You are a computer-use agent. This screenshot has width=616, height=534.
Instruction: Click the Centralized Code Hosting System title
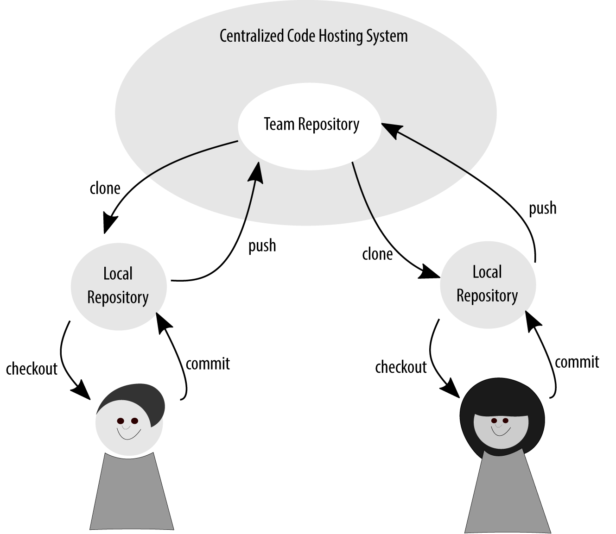tap(313, 36)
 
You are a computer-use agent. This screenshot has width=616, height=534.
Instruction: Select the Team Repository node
tap(311, 124)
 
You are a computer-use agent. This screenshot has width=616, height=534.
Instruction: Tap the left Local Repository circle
tap(118, 286)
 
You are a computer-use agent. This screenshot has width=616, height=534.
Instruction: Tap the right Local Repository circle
tap(487, 284)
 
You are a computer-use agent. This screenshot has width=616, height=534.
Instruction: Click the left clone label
tap(105, 188)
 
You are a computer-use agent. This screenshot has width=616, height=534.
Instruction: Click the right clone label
tap(377, 254)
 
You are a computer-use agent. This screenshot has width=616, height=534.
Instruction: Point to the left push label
tap(262, 245)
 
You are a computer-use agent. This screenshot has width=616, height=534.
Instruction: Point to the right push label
tap(542, 208)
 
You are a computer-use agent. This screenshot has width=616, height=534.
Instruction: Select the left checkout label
tap(32, 369)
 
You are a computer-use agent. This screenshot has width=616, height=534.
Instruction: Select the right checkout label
tap(400, 367)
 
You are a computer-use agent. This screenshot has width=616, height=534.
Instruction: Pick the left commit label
tap(208, 364)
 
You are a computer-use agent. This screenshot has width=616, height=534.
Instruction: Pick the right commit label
tap(577, 362)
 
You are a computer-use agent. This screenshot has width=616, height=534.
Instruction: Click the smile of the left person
tap(128, 434)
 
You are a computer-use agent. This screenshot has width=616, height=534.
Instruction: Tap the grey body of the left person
tap(131, 493)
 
